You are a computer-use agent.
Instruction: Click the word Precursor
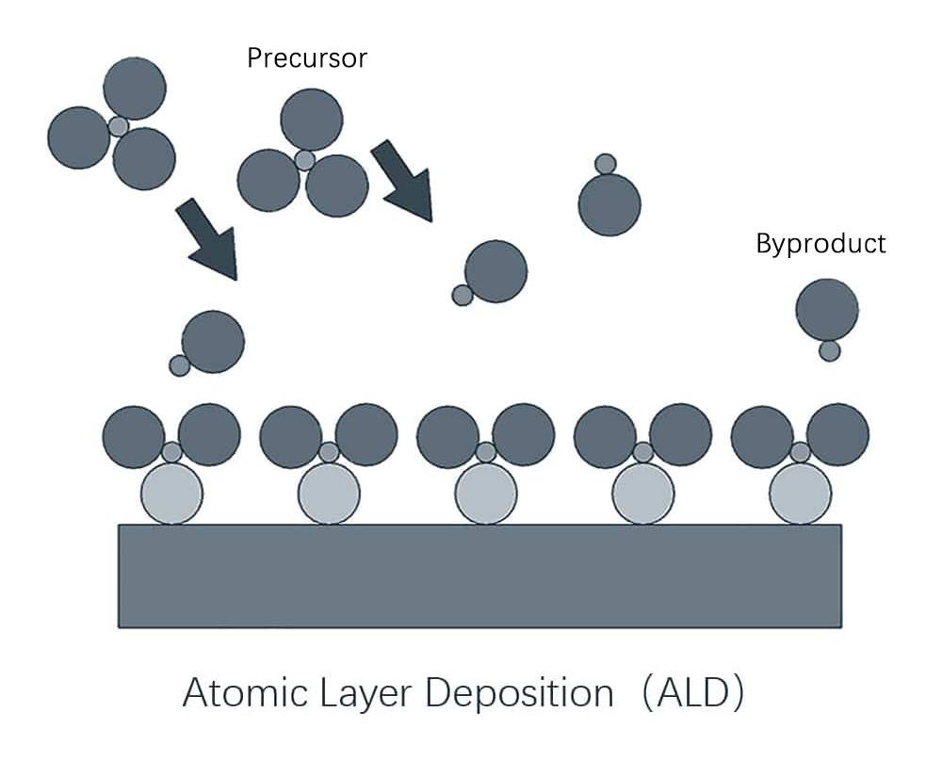pos(306,58)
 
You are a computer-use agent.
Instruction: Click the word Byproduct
pos(820,244)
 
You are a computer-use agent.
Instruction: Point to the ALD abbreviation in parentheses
pos(698,693)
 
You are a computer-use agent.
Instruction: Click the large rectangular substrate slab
pos(479,575)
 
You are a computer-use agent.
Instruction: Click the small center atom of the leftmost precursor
pos(118,126)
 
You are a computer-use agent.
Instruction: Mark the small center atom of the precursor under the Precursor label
pos(304,160)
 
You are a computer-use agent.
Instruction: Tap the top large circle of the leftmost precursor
pos(135,89)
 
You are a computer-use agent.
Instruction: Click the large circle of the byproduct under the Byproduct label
pos(827,308)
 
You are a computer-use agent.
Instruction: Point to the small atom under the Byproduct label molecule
pos(829,350)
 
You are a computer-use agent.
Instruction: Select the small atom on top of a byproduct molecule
pos(606,164)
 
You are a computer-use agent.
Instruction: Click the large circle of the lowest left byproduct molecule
pos(213,341)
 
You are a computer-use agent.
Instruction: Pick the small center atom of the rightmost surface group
pos(800,452)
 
